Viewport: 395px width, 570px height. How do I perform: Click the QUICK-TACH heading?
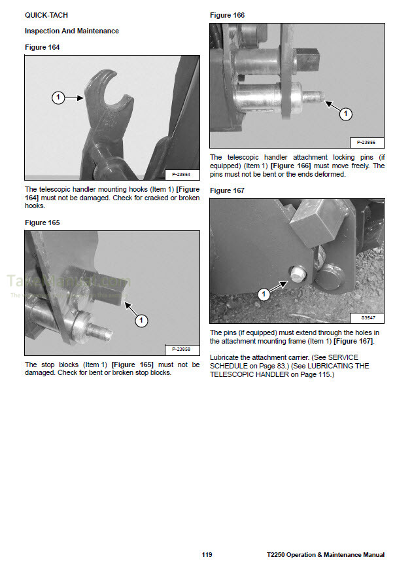pos(46,14)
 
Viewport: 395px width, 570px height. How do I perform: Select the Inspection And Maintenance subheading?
pos(72,31)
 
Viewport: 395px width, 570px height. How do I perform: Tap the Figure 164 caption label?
pos(44,47)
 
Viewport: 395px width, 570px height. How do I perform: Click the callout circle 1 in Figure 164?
pos(58,98)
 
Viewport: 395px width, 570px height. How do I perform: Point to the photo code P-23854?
pos(181,174)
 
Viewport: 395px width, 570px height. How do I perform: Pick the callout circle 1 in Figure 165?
pos(142,321)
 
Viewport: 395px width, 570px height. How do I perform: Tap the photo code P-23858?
pos(181,349)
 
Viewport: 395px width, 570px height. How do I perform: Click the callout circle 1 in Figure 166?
pos(346,114)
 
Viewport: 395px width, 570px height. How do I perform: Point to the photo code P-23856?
pos(366,142)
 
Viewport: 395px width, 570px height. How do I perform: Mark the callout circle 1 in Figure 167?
pos(264,295)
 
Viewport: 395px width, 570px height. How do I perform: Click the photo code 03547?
pos(368,317)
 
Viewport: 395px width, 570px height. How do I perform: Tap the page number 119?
pos(207,555)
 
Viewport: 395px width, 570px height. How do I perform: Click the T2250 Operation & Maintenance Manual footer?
pos(325,555)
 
